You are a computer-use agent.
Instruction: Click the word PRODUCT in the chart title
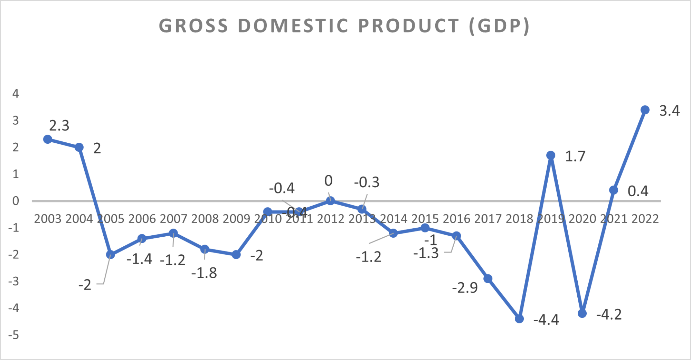coord(408,26)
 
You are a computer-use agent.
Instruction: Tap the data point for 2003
coord(48,139)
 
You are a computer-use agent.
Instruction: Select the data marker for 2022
coord(645,110)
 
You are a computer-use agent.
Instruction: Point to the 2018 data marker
coord(519,319)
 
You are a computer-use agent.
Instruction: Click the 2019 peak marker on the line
coord(551,155)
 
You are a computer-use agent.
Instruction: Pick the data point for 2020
coord(582,313)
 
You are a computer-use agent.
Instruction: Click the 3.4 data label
coord(669,111)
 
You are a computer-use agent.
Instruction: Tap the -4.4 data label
coord(546,320)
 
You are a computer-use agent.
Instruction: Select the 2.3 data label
coord(59,126)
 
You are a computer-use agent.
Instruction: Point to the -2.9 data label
coord(465,287)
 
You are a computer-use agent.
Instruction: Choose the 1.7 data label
coord(575,157)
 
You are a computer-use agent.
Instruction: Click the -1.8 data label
coord(204,273)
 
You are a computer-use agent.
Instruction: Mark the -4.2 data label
coord(609,314)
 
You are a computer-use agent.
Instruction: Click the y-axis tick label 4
coord(16,93)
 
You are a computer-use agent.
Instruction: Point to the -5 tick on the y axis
coord(14,335)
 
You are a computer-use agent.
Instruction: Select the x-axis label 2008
coord(205,219)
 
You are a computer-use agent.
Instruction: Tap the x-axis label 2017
coord(488,219)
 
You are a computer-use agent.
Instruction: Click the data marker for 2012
coord(330,201)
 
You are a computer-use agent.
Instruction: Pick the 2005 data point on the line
coord(111,255)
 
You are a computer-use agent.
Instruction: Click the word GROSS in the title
coord(193,26)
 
